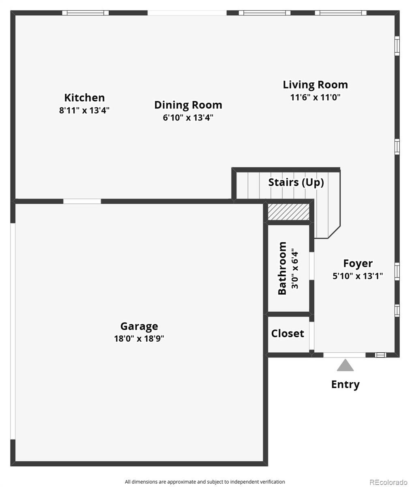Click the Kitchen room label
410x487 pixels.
click(x=84, y=97)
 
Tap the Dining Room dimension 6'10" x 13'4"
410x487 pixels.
click(x=188, y=117)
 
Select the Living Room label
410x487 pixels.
click(x=315, y=85)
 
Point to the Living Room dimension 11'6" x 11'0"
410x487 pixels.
click(x=315, y=97)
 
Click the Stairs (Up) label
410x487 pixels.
click(x=296, y=182)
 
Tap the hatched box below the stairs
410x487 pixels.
click(x=289, y=211)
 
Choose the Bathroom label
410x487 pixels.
click(x=282, y=268)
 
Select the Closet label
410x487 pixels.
click(x=288, y=334)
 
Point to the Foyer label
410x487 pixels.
click(x=358, y=263)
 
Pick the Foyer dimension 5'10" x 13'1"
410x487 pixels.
click(x=358, y=276)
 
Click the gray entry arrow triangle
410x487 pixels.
click(x=345, y=365)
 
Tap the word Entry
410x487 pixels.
click(x=345, y=385)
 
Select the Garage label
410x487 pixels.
click(x=139, y=326)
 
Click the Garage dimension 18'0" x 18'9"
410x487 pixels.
click(x=139, y=338)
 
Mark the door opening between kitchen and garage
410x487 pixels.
click(x=82, y=201)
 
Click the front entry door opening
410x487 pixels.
click(x=344, y=355)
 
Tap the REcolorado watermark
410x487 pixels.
click(x=389, y=481)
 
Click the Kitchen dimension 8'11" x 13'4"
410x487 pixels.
click(x=84, y=110)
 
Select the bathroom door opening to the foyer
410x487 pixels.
click(x=311, y=266)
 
